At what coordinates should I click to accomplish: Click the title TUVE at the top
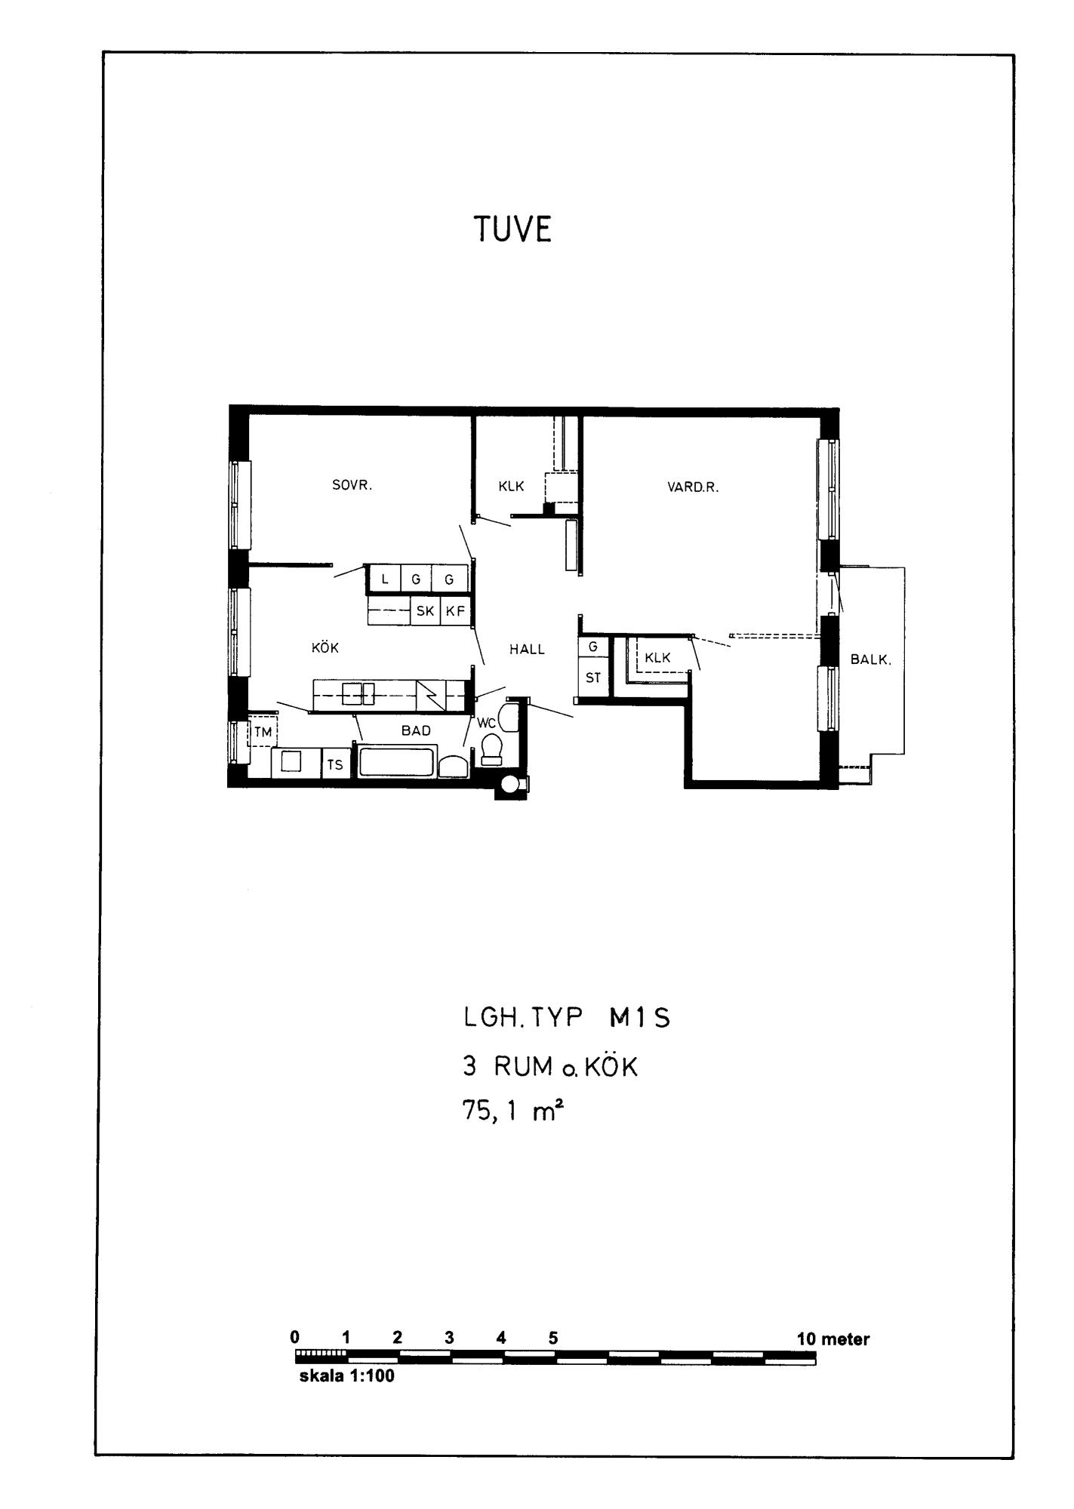(512, 229)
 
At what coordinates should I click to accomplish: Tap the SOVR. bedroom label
(352, 485)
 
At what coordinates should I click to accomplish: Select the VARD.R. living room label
(693, 487)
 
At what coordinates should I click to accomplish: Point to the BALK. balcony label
(871, 659)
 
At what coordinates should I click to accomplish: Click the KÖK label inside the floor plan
(325, 647)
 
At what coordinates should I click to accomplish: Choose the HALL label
(527, 649)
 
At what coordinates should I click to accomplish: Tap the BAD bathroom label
(416, 730)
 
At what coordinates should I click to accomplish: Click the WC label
(485, 722)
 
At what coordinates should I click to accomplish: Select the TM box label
(262, 732)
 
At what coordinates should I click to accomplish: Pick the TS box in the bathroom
(335, 764)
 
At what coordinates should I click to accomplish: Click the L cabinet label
(385, 579)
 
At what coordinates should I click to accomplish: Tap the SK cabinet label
(425, 611)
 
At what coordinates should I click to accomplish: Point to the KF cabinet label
(455, 611)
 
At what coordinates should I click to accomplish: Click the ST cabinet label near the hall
(593, 678)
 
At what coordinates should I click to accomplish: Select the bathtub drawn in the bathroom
(396, 761)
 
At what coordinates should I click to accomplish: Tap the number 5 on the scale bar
(553, 1337)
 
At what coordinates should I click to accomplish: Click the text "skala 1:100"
(347, 1375)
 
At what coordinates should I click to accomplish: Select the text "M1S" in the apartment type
(639, 1019)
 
